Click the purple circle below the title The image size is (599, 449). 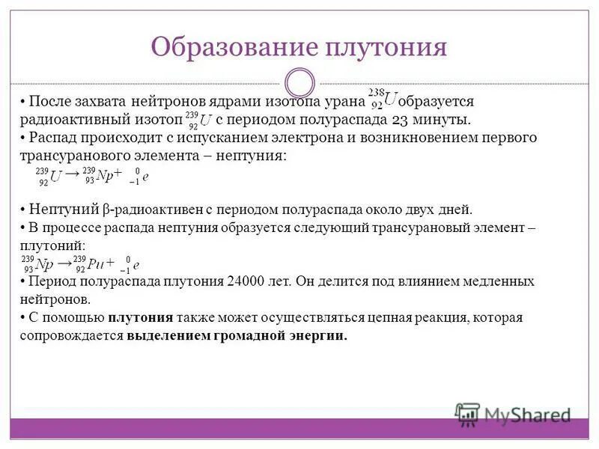(300, 83)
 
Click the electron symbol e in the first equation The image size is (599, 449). (147, 177)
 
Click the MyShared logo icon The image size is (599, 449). (468, 414)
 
